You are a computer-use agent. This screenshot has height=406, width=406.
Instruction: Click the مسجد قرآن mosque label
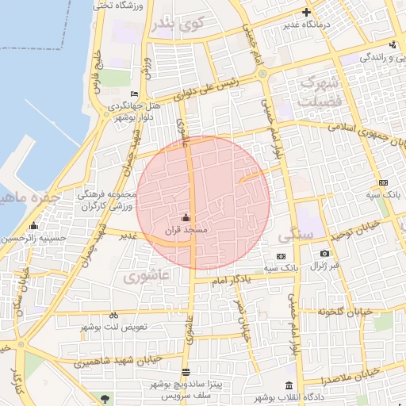point(186,230)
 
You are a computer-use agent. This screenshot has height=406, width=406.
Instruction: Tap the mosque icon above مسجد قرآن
point(186,217)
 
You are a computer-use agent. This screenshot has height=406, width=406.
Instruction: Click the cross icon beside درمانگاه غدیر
point(306,12)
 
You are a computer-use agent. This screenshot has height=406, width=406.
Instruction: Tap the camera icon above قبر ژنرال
point(324,254)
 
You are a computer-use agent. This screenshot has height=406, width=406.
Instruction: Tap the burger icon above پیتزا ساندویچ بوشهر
point(186,372)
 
